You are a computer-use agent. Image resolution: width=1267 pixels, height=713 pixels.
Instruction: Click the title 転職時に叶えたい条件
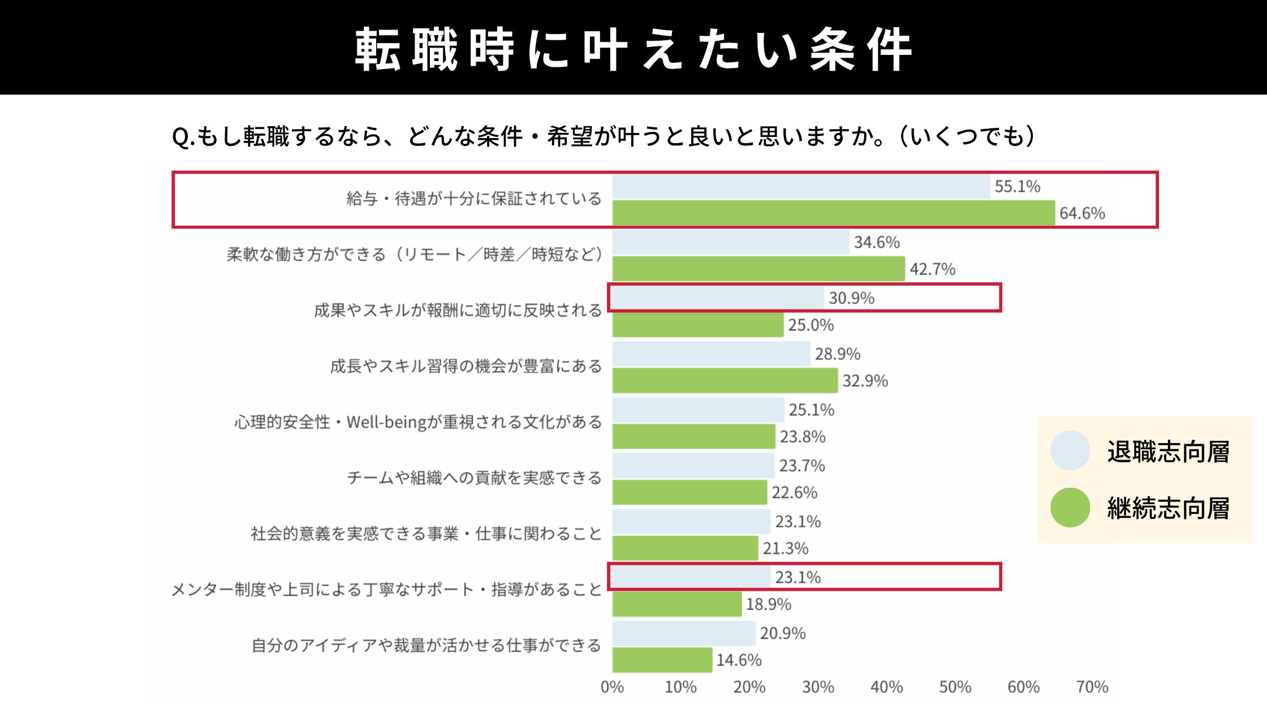tap(633, 49)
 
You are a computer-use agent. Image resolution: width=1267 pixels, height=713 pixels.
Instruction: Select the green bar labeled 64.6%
tap(833, 213)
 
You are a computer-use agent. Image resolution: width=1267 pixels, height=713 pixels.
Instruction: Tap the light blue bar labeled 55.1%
tap(801, 186)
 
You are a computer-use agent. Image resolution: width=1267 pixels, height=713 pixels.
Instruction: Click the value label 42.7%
tap(932, 269)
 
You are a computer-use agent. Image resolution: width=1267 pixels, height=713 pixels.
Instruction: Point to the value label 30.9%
tap(851, 298)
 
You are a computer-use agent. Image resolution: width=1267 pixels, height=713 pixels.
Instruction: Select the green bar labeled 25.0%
tap(697, 325)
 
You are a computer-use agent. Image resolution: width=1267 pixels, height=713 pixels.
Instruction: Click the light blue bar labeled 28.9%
tap(711, 354)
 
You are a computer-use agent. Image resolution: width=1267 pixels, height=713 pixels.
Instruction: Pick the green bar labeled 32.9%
tap(725, 380)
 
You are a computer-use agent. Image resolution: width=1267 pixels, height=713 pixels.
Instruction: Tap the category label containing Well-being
tap(418, 422)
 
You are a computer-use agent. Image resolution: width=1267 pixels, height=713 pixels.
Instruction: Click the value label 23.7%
tap(801, 465)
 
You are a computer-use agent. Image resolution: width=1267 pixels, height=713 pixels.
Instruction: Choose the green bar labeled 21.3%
tap(685, 548)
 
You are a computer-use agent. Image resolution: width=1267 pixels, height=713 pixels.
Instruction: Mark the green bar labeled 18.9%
tap(676, 604)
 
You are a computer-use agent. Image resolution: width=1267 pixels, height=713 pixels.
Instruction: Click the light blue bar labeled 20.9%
tap(683, 633)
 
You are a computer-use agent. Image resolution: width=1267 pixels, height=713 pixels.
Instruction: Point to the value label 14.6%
tap(739, 660)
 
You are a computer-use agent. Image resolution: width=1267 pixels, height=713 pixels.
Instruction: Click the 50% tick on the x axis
tap(955, 687)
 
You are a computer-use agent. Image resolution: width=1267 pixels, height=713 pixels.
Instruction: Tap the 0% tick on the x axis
tap(612, 687)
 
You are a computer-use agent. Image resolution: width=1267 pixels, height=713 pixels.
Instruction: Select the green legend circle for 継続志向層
tap(1070, 508)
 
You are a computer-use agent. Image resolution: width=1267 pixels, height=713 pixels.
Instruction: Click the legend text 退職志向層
tap(1168, 452)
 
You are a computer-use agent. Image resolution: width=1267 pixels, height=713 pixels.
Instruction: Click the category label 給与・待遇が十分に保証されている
tap(474, 199)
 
